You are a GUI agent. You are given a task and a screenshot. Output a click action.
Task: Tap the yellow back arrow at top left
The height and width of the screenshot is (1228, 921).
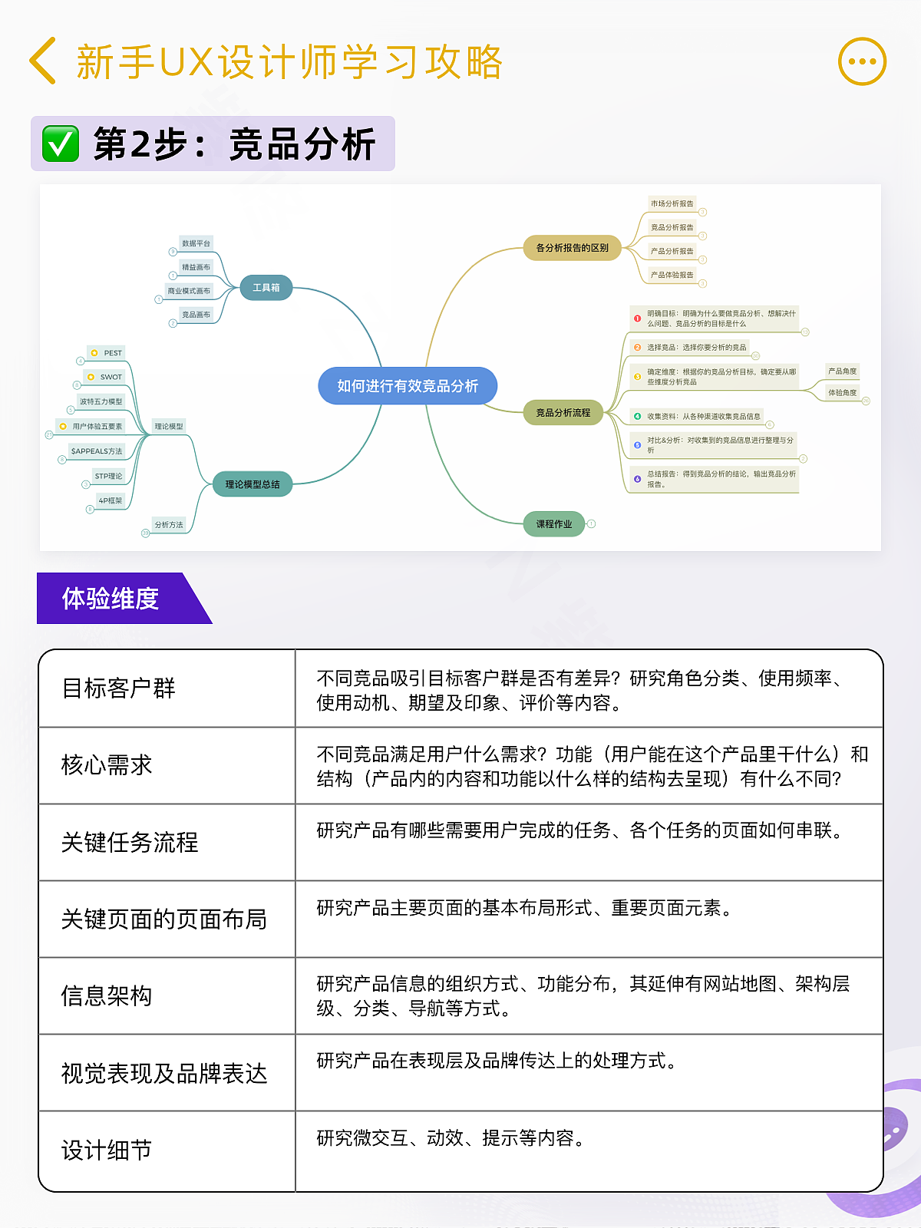point(43,61)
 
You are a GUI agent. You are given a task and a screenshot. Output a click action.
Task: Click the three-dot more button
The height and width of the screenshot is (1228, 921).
point(862,61)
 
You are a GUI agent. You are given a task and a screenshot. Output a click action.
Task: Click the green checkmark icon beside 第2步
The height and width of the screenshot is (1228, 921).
point(61,144)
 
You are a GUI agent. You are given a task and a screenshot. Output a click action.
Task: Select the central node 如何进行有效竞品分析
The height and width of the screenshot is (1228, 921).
point(408,386)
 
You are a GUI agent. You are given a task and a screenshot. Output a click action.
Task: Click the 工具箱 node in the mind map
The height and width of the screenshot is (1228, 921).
point(266,288)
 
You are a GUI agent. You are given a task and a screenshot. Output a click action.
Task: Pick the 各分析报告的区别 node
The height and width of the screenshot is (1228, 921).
point(573,248)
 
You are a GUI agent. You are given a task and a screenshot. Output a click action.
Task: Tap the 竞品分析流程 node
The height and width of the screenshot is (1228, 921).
point(563,413)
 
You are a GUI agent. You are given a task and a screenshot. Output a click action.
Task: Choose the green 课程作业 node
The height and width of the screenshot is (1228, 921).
point(554,524)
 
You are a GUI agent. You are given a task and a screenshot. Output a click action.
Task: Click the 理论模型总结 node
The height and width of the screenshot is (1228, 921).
point(253,484)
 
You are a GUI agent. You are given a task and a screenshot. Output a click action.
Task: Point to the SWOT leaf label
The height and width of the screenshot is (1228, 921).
point(111,377)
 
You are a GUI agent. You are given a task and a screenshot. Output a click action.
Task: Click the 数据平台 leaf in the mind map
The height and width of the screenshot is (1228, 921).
point(196,243)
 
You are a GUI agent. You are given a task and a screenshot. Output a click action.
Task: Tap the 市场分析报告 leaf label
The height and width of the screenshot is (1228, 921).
point(672,203)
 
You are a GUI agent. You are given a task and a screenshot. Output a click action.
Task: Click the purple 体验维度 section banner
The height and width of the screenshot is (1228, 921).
point(111,599)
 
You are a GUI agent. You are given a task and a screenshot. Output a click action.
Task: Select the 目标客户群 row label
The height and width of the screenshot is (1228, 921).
point(119,688)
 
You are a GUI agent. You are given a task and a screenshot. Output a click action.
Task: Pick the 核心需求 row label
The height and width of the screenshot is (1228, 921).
point(107,765)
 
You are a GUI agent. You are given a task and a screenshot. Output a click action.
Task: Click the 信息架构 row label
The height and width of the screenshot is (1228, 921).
point(107,996)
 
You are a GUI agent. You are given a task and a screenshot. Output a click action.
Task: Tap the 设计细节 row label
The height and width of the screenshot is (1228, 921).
point(107,1150)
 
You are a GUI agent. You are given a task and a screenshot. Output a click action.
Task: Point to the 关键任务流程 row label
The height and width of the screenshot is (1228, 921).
point(130,843)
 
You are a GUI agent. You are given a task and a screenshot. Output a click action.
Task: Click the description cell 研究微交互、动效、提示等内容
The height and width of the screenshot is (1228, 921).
point(451,1138)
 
